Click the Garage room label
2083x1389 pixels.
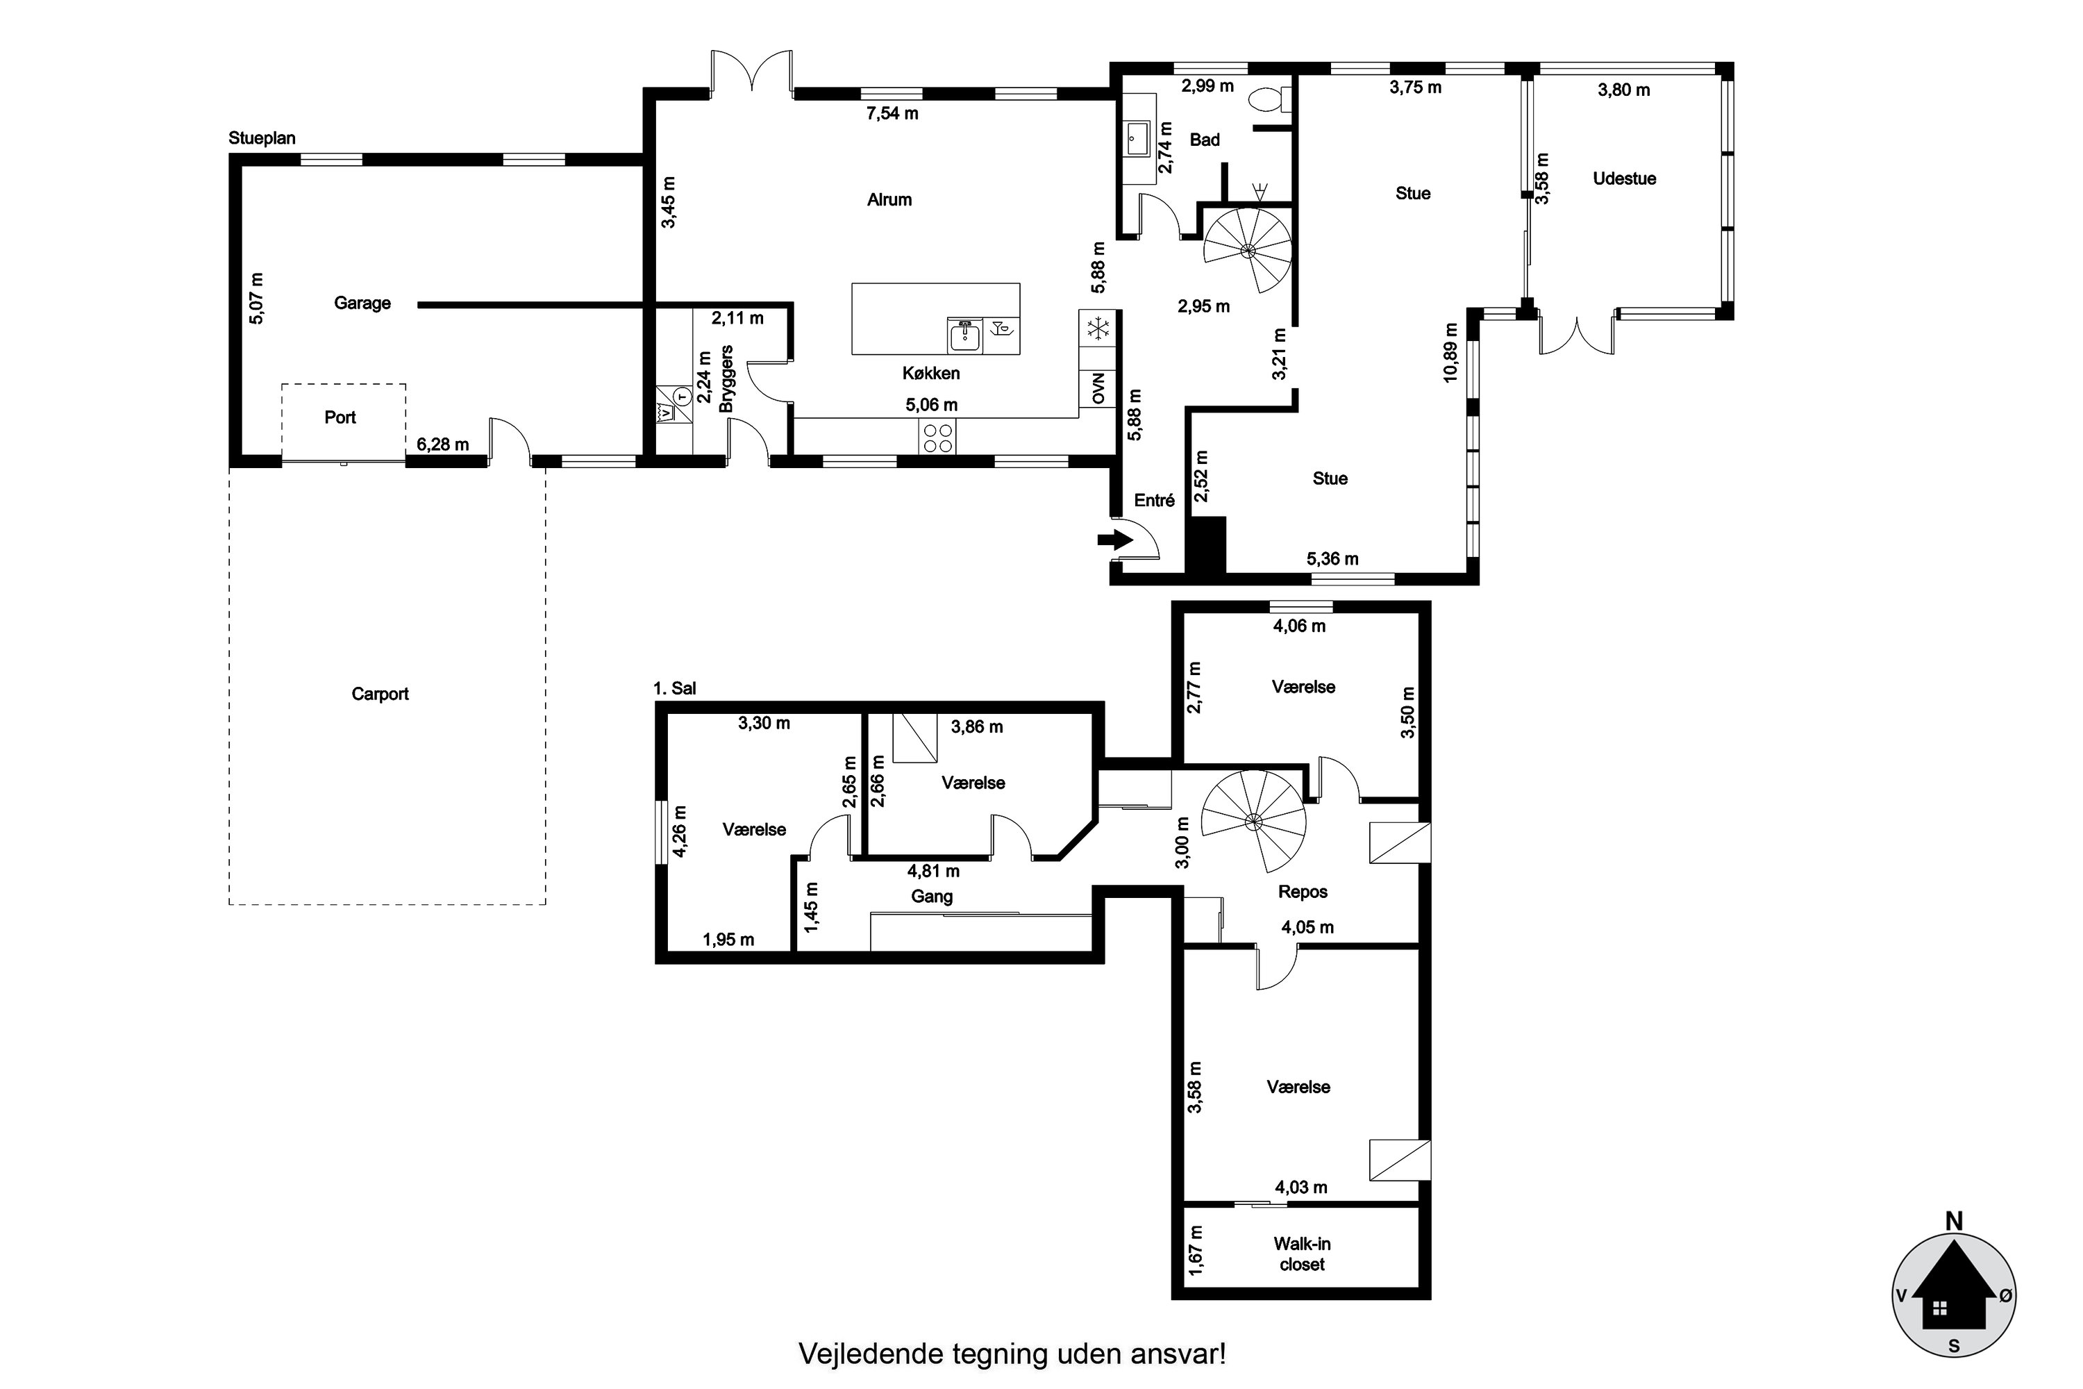[x=362, y=303]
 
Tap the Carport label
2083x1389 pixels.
[x=380, y=694]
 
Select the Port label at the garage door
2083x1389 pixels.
[x=340, y=417]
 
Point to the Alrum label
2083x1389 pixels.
[x=889, y=199]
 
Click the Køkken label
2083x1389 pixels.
[x=931, y=373]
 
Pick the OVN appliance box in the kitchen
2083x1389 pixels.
[x=1098, y=388]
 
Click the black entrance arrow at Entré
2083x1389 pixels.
[x=1116, y=539]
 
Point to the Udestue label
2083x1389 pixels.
[x=1624, y=178]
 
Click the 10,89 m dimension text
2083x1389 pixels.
[x=1450, y=351]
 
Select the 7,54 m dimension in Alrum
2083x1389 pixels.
[x=892, y=113]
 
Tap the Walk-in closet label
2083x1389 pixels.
[x=1302, y=1254]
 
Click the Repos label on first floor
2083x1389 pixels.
[x=1303, y=891]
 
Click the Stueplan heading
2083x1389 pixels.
[x=262, y=138]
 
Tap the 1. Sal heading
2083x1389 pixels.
[x=675, y=688]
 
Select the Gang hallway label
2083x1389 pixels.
[x=932, y=897]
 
